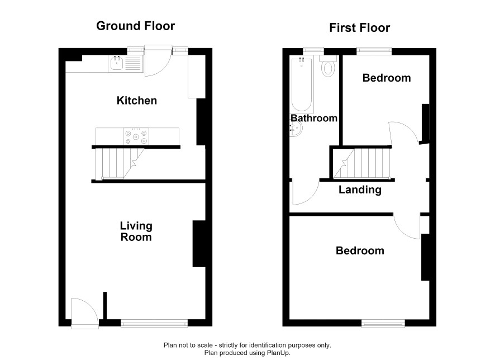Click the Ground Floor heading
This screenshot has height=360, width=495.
pyautogui.click(x=135, y=26)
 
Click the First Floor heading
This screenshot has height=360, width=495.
pyautogui.click(x=360, y=28)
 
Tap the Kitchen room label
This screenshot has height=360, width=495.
pyautogui.click(x=137, y=101)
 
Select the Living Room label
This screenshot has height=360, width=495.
pyautogui.click(x=136, y=231)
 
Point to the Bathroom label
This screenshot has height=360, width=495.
pyautogui.click(x=314, y=118)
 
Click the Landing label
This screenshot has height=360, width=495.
pyautogui.click(x=360, y=190)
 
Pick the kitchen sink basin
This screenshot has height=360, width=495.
pyautogui.click(x=117, y=63)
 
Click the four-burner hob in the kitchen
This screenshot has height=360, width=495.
pyautogui.click(x=136, y=136)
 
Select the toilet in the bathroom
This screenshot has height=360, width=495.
pyautogui.click(x=329, y=66)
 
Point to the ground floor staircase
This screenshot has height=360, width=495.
pyautogui.click(x=119, y=164)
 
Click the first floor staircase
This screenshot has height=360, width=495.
pyautogui.click(x=361, y=164)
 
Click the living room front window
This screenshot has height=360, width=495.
pyautogui.click(x=154, y=323)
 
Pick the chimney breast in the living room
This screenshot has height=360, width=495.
pyautogui.click(x=199, y=244)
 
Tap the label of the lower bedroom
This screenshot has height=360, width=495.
pyautogui.click(x=360, y=251)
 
